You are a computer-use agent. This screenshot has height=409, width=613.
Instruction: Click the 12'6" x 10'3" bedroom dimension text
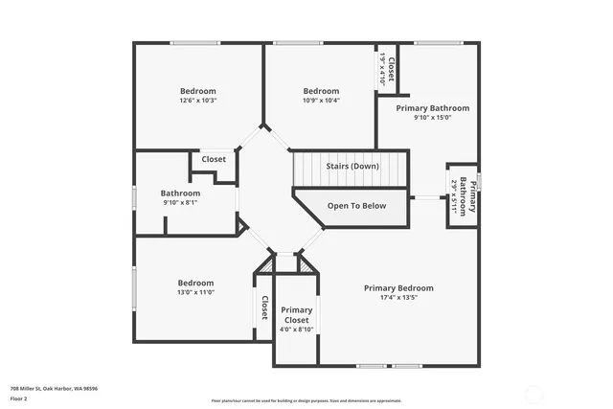coord(197,101)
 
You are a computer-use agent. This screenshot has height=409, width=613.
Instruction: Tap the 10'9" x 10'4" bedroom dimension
coord(321,101)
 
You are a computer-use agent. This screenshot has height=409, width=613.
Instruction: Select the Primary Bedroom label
coord(398,287)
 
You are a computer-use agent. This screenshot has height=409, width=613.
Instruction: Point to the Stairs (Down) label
coord(352,167)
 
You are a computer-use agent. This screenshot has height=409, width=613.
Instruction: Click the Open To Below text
coord(356,206)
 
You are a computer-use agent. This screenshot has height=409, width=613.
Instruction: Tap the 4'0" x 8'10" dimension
coord(297,329)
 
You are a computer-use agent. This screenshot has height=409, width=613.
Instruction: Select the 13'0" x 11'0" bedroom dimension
coord(195,293)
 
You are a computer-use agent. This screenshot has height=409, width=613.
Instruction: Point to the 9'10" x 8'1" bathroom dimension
coord(179,202)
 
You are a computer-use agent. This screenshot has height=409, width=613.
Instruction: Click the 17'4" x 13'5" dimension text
coord(398,298)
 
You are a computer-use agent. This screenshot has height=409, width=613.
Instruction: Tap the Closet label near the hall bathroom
coord(214,159)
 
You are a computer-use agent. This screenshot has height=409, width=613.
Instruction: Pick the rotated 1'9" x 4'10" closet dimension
coord(382,68)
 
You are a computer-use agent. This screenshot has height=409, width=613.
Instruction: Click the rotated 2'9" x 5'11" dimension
coord(453,197)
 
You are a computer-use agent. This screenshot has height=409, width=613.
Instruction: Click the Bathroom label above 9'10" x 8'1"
coord(180,193)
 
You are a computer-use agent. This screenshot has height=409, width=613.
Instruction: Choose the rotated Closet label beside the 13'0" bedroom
coord(263,307)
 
